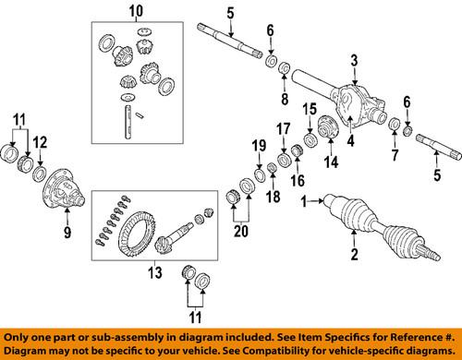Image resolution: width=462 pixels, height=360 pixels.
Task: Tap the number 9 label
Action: tap(67, 234)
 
